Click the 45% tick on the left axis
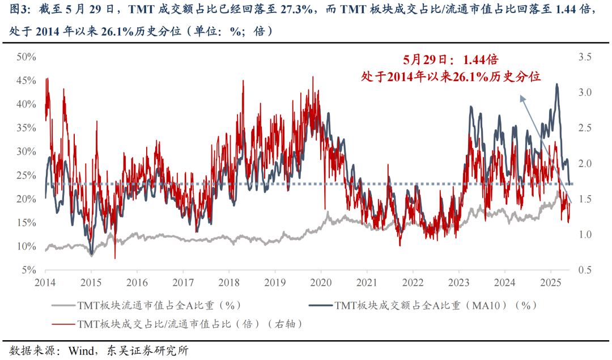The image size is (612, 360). coord(27,81)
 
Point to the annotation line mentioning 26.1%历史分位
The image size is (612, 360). coord(450,76)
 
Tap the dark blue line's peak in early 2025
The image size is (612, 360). coord(557,84)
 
